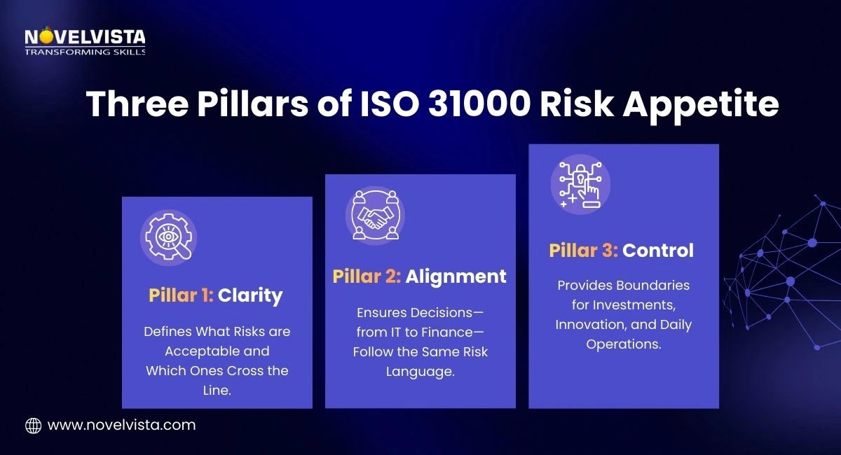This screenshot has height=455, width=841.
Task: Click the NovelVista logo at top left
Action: (84, 36)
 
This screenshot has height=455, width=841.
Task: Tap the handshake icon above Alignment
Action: (375, 216)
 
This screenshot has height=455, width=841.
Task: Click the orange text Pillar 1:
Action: (180, 295)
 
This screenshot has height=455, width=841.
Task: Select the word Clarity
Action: (250, 295)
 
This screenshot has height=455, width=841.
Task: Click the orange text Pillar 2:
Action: (367, 276)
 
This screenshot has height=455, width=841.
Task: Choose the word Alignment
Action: (456, 276)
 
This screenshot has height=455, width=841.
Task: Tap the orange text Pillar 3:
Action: (583, 250)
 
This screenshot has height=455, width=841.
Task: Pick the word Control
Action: (658, 250)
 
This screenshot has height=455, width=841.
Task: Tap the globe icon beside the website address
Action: (34, 425)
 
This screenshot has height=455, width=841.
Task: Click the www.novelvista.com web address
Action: (121, 425)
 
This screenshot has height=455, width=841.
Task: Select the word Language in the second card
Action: (420, 371)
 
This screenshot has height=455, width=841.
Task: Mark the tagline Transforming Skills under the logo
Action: (84, 52)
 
